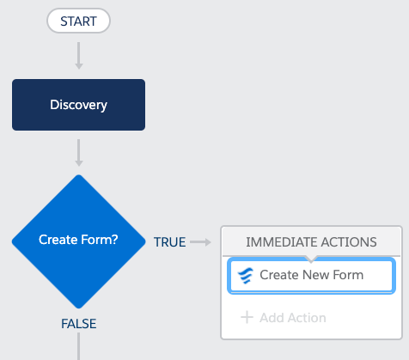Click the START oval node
[x=78, y=21]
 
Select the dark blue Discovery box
[x=78, y=105]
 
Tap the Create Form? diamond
[x=78, y=241]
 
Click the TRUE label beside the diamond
[x=169, y=242]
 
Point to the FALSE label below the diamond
[x=79, y=324]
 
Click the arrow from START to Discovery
[x=79, y=56]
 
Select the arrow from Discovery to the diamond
[x=79, y=153]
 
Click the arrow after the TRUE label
[x=200, y=242]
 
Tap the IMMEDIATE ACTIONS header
[x=311, y=241]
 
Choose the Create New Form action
[x=311, y=275]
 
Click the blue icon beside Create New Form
[x=246, y=276]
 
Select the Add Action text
[x=293, y=318]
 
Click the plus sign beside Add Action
[x=247, y=318]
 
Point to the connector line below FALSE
[x=78, y=346]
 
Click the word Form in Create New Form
[x=348, y=275]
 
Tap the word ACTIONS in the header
[x=349, y=242]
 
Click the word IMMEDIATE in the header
[x=282, y=242]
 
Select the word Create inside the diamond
[x=58, y=240]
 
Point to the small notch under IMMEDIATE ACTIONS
[x=311, y=259]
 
